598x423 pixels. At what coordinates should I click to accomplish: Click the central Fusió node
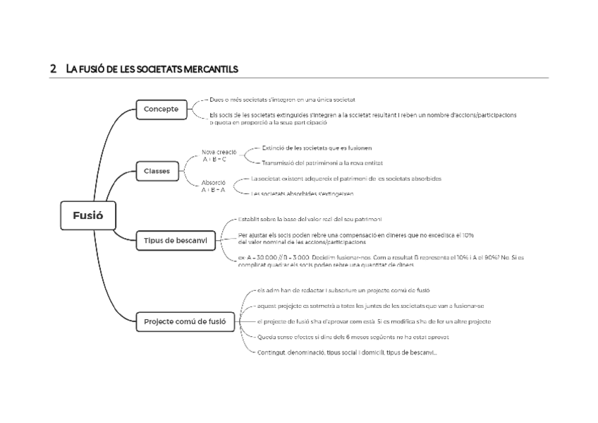pyautogui.click(x=87, y=215)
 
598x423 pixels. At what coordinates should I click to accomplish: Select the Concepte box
pyautogui.click(x=161, y=109)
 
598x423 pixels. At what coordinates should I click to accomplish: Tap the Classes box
pyautogui.click(x=157, y=171)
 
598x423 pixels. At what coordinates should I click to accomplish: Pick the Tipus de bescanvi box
pyautogui.click(x=176, y=240)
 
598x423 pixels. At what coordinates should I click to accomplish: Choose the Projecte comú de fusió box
pyautogui.click(x=185, y=321)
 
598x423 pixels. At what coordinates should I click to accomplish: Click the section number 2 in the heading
pyautogui.click(x=53, y=69)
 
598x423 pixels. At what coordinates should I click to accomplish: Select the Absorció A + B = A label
pyautogui.click(x=214, y=186)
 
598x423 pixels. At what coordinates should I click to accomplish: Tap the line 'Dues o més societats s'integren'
pyautogui.click(x=282, y=100)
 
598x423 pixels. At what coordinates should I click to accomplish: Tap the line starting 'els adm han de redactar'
pyautogui.click(x=338, y=290)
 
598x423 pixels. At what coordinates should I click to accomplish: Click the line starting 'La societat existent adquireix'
pyautogui.click(x=346, y=179)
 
